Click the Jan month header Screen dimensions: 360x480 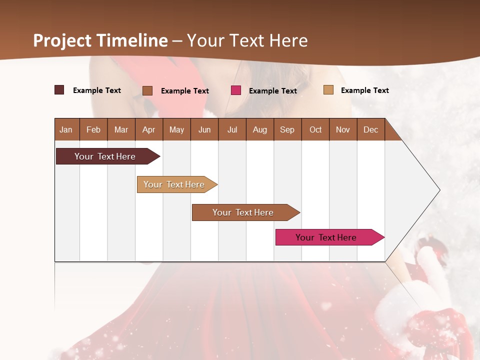point(66,129)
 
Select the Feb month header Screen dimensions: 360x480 point(93,129)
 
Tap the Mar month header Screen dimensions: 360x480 point(121,129)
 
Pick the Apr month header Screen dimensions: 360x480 point(148,129)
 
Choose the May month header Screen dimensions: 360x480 point(176,129)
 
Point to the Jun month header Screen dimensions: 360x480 point(204,129)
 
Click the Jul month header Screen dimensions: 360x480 point(232,129)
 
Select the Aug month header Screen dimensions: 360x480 point(259,129)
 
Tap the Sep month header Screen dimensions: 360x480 point(287,129)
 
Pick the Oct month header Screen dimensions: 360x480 point(315,129)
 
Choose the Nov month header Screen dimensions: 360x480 point(343,129)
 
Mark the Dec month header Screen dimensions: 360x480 point(370,129)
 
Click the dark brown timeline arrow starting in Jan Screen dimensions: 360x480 point(105,156)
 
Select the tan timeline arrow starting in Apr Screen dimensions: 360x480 point(174,184)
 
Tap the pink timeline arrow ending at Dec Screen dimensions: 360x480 point(326,237)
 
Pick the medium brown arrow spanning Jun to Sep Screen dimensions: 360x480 point(243,212)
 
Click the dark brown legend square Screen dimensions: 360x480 point(59,90)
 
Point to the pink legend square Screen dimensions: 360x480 point(236,90)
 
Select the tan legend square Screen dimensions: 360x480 point(328,90)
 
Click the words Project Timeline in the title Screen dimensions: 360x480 point(100,40)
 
